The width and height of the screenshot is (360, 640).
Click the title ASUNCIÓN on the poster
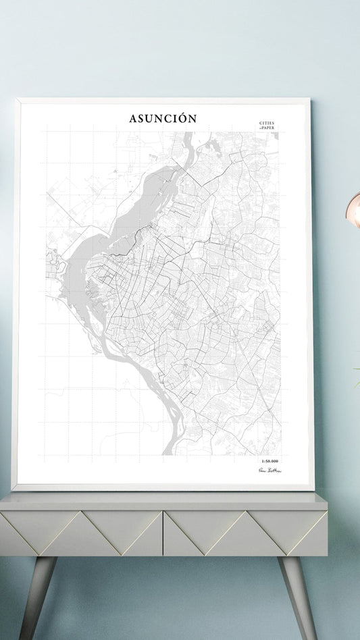coord(163,119)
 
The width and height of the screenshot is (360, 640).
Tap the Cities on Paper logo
coord(267,125)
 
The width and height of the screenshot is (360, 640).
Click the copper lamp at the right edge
coord(354,209)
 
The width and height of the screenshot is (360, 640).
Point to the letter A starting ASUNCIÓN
coord(133,119)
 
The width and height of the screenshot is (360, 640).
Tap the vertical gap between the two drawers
coord(163,533)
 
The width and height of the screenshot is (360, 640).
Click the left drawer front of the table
coord(81,533)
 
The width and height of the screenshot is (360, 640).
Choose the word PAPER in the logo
coord(268,128)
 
